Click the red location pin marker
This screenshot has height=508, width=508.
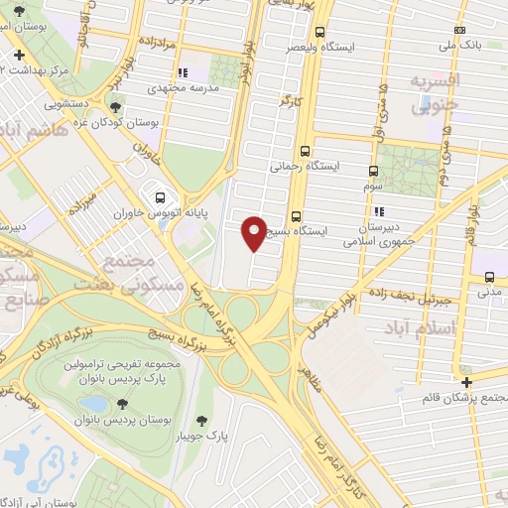(x=255, y=233)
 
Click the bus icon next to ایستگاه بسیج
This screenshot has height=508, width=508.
(x=297, y=217)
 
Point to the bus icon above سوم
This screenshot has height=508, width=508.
(x=374, y=171)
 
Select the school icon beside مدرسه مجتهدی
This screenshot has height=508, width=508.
(x=182, y=72)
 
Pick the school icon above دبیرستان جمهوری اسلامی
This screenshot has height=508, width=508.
(x=379, y=211)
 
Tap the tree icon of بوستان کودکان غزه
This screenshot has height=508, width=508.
(x=118, y=108)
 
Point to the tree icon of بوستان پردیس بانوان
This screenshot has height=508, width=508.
(x=122, y=403)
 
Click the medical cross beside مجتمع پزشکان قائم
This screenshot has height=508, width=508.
(x=466, y=382)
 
